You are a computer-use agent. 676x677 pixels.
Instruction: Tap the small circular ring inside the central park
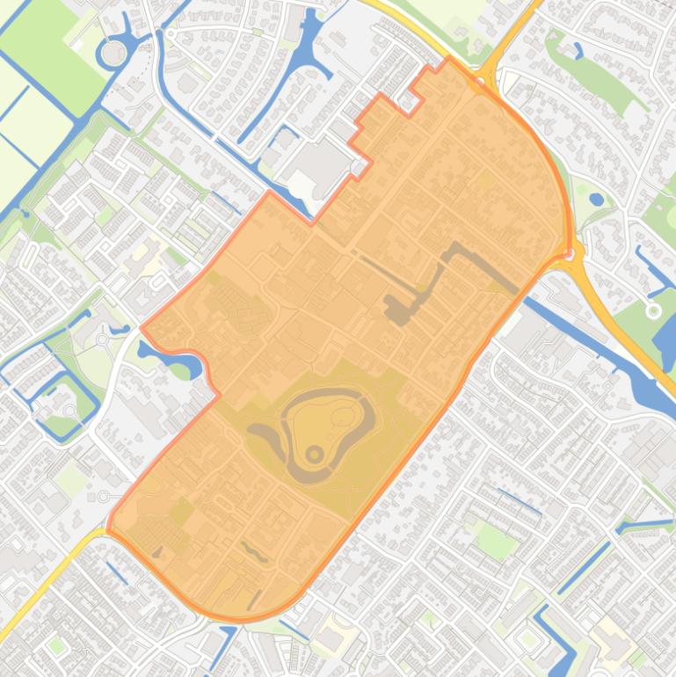click(x=315, y=454)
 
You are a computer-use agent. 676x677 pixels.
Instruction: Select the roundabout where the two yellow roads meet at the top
click(x=489, y=78)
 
